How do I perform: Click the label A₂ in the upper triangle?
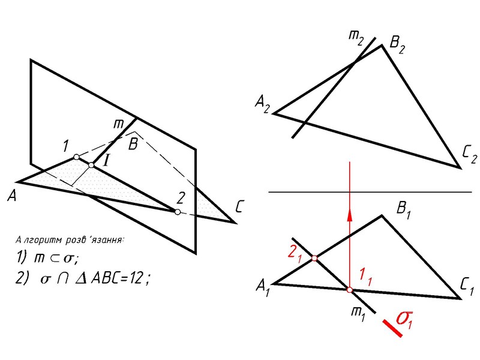(263, 106)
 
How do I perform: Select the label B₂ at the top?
(397, 43)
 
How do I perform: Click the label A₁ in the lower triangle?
(263, 290)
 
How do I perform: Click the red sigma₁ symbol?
(410, 317)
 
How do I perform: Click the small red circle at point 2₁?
(314, 259)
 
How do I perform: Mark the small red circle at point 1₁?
(349, 290)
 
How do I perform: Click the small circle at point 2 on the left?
(177, 212)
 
